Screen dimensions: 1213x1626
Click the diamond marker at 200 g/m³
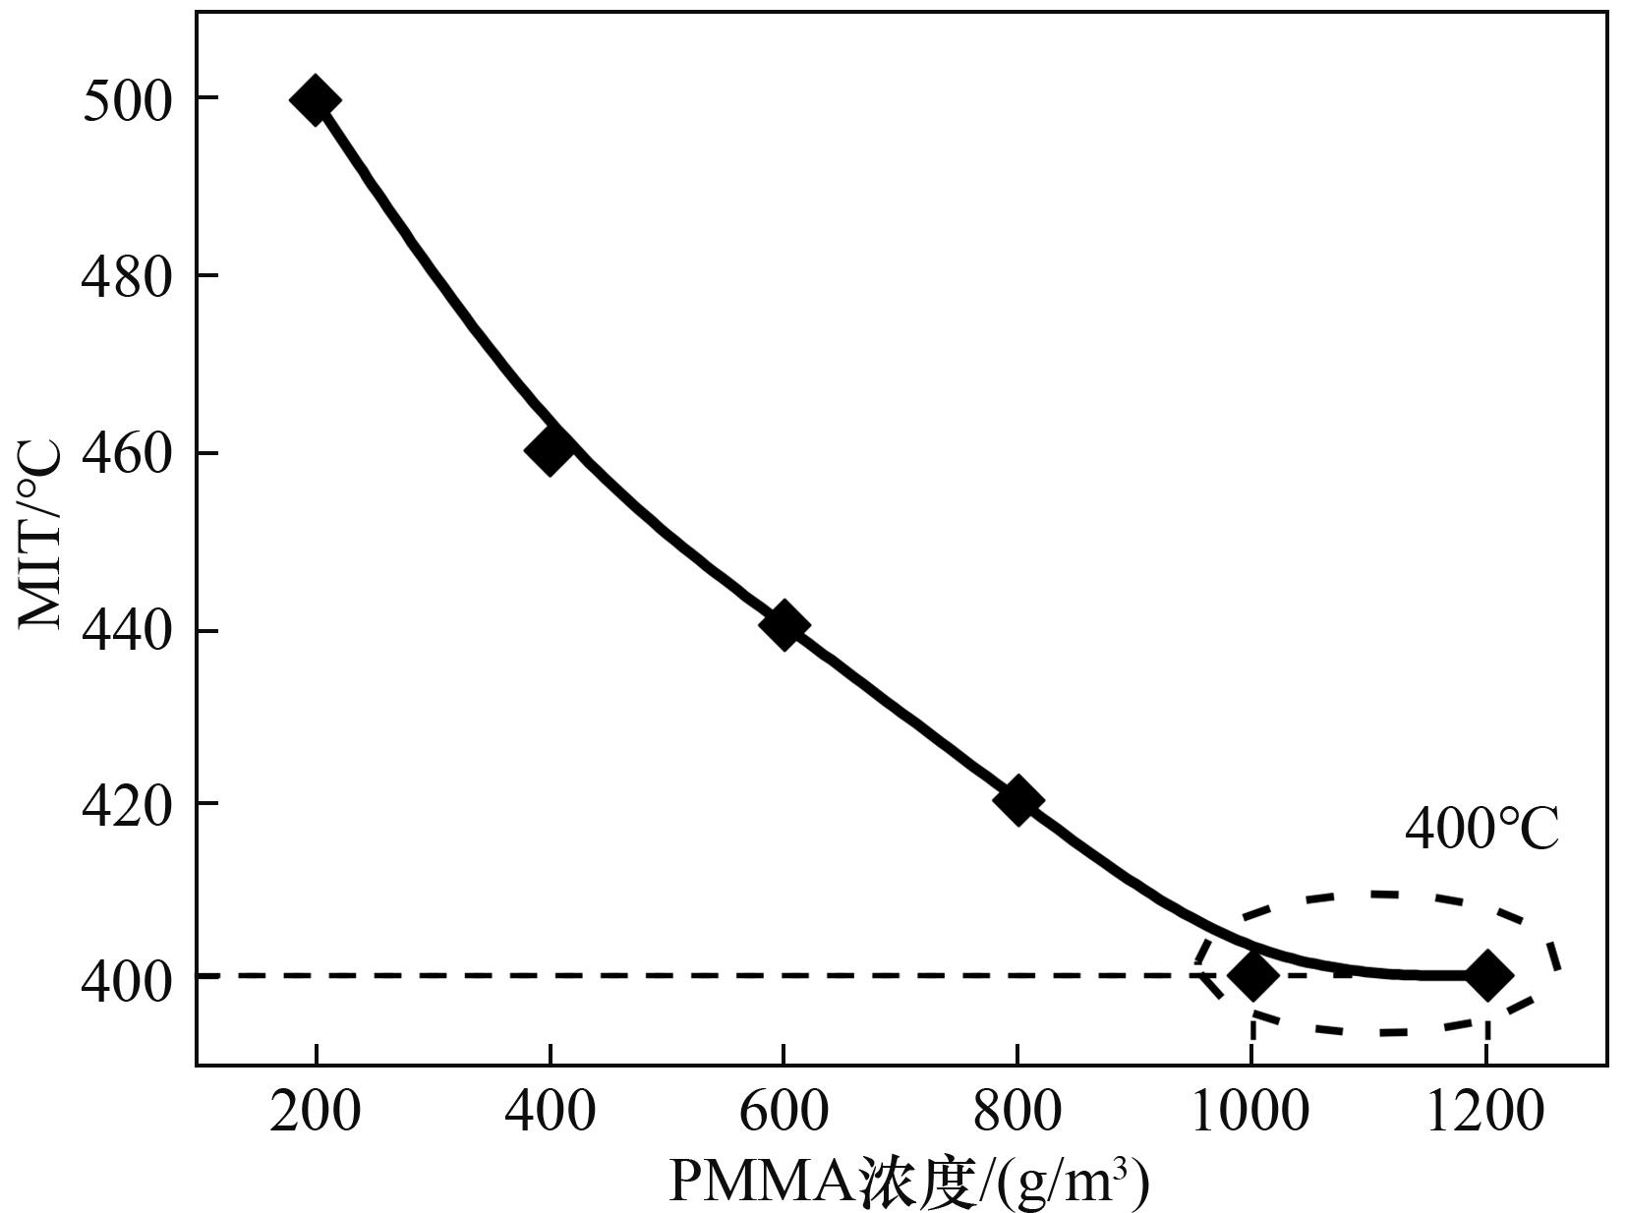[x=315, y=98]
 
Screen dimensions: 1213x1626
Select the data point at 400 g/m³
[x=550, y=450]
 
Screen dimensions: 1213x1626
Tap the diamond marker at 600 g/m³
[x=784, y=625]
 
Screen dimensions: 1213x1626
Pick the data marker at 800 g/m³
[x=1017, y=800]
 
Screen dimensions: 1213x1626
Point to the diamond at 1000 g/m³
[x=1252, y=975]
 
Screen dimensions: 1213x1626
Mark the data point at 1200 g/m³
[x=1486, y=975]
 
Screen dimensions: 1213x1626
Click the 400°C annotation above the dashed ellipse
[x=1481, y=830]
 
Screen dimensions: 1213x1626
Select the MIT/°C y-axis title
[x=41, y=536]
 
